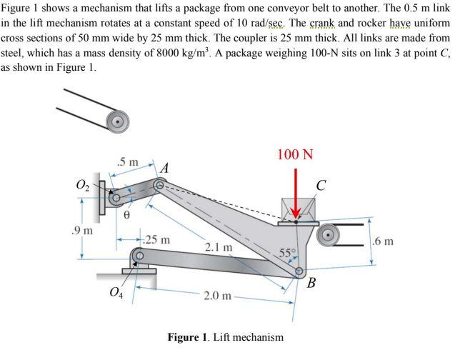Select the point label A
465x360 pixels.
(164, 169)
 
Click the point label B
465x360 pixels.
(311, 283)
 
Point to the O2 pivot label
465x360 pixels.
(83, 186)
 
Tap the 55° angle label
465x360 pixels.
(286, 253)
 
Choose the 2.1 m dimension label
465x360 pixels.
(217, 247)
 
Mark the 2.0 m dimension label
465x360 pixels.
(217, 296)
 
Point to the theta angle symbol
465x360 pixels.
(128, 213)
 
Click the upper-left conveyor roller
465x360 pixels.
(116, 121)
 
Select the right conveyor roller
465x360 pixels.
(329, 234)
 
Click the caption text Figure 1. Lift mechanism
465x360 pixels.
(225, 337)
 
